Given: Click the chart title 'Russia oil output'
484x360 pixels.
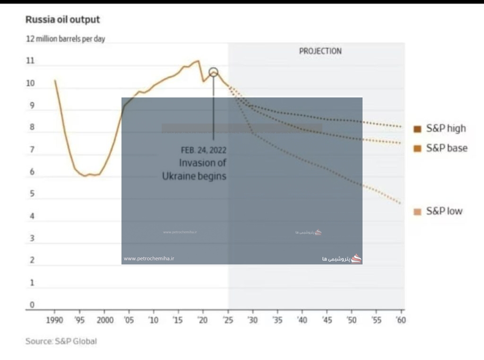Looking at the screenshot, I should click(x=62, y=20).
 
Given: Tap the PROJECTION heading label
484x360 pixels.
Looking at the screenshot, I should click(x=320, y=51).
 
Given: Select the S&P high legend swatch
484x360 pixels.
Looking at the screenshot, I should click(x=417, y=129).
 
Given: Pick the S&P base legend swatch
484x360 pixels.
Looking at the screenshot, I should click(x=417, y=149).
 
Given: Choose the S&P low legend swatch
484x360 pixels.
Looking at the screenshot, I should click(x=417, y=211).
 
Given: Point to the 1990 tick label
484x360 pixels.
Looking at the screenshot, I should click(x=55, y=320).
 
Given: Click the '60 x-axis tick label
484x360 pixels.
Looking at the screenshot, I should click(x=401, y=320).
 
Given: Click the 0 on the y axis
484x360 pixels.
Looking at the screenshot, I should click(x=32, y=305).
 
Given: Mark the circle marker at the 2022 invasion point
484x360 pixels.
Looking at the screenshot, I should click(x=213, y=72).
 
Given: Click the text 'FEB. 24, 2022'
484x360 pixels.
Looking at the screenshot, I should click(x=203, y=150).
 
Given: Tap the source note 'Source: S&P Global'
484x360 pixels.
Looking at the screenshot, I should click(x=61, y=341).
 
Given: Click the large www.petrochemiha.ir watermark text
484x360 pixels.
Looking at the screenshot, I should click(x=149, y=259).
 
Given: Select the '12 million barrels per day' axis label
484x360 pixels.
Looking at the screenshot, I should click(x=65, y=39).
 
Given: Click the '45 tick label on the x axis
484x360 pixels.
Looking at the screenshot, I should click(x=326, y=320).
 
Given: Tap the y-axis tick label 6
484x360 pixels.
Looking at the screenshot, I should click(x=32, y=172).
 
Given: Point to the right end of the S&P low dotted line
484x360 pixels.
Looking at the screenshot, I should click(x=401, y=203).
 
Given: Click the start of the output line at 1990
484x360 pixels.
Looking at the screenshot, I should click(x=55, y=80).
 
